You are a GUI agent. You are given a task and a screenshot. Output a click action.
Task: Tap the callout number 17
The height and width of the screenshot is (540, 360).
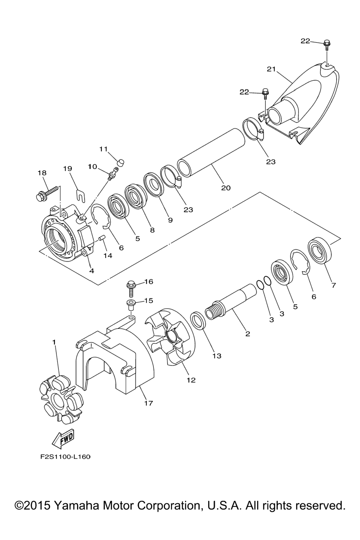(x=148, y=403)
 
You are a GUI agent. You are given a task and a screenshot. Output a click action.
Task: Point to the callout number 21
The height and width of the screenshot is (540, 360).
(x=271, y=69)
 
